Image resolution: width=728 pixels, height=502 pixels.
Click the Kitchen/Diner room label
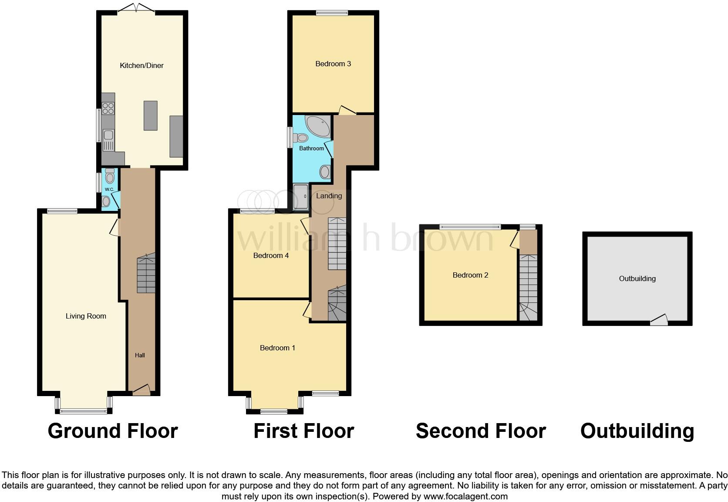(142, 66)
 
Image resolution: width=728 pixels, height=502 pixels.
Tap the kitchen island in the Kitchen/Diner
(150, 115)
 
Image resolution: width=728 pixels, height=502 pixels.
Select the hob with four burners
(108, 108)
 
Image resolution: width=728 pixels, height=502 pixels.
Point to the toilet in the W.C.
(110, 176)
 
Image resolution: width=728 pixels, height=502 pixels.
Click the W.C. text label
(109, 190)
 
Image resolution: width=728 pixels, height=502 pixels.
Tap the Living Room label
(86, 316)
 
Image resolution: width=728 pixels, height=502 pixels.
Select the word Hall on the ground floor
(140, 356)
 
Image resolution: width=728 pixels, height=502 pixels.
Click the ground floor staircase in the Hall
(146, 275)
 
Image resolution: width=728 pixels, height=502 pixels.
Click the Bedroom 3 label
(333, 64)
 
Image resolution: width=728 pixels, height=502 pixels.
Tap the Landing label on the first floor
(329, 196)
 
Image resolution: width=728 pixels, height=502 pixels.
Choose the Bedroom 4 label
(271, 256)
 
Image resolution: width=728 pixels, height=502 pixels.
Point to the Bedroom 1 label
(277, 348)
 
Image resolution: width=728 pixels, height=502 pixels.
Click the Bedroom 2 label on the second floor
(470, 275)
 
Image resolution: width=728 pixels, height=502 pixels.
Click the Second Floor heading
(481, 431)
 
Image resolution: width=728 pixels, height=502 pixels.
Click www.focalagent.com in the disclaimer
(465, 496)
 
